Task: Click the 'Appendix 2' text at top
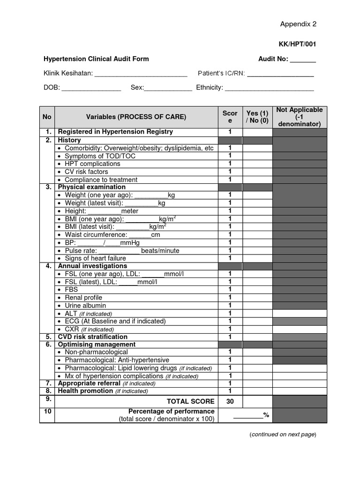(298, 24)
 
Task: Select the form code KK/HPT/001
(297, 45)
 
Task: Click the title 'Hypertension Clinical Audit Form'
(96, 59)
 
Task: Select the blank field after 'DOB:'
(91, 88)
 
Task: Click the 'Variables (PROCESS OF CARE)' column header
(136, 117)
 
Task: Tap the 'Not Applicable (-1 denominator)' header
(300, 117)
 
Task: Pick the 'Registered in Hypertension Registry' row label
(115, 132)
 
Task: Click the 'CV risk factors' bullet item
(86, 172)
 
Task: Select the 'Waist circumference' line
(112, 235)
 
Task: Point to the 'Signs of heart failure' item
(95, 258)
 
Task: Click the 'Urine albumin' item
(85, 306)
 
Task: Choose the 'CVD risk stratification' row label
(92, 337)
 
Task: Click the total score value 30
(230, 402)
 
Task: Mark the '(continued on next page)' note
(283, 435)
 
